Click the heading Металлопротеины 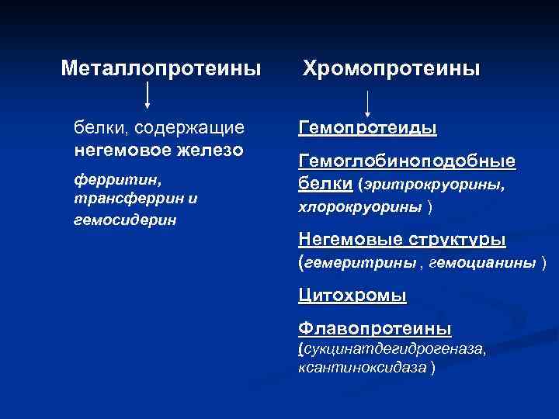pos(161,69)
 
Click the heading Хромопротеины pos(391,69)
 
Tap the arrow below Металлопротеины pos(148,98)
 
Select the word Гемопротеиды pos(367,128)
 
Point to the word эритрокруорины pos(432,185)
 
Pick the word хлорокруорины pos(360,208)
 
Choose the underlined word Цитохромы pos(352,296)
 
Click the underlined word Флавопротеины pos(374,328)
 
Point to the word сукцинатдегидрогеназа pos(395,350)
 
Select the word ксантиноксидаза pos(361,367)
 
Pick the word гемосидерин pos(124,220)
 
